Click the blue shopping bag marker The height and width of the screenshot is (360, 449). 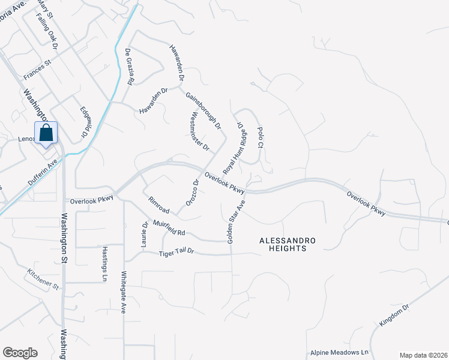[x=46, y=133]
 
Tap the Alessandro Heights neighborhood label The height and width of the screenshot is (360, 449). [x=288, y=244]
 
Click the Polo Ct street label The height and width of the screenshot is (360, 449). [x=260, y=137]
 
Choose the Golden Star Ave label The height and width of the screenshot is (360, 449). [x=236, y=222]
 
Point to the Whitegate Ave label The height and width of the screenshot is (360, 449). [x=124, y=297]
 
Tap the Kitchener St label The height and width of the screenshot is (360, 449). [x=43, y=278]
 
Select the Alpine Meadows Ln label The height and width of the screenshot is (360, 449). [x=339, y=353]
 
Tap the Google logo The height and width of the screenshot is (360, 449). [x=20, y=353]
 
